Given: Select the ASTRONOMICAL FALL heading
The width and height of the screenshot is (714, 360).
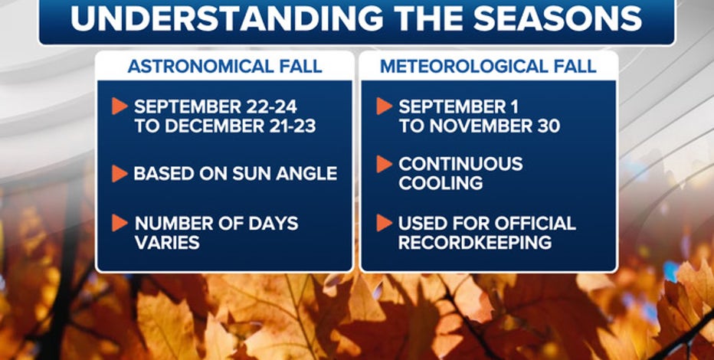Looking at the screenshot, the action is click(x=225, y=67).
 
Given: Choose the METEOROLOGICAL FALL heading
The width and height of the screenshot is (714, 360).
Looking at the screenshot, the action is click(x=488, y=67).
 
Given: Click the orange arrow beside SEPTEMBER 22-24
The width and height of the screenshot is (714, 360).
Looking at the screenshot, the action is click(x=120, y=106).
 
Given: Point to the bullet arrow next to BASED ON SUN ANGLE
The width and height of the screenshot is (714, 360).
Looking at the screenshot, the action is click(x=120, y=173).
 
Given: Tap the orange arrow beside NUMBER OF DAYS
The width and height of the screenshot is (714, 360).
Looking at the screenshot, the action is click(x=120, y=223).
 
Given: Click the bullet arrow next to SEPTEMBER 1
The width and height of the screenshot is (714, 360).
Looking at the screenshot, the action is click(x=384, y=106).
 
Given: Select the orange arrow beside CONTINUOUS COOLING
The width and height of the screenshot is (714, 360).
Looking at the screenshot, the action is click(x=384, y=165).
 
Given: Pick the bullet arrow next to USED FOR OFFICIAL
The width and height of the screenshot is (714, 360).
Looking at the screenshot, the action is click(x=384, y=223).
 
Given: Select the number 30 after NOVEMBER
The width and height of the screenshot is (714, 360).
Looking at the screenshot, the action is click(x=545, y=126).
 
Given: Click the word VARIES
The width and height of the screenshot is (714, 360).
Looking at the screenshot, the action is click(x=167, y=243).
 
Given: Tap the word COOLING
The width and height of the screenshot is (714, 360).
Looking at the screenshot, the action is click(x=441, y=183).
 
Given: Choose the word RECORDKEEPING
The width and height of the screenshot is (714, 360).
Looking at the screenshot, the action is click(x=475, y=243).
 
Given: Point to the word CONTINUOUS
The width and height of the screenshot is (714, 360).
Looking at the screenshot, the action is click(x=460, y=164).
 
